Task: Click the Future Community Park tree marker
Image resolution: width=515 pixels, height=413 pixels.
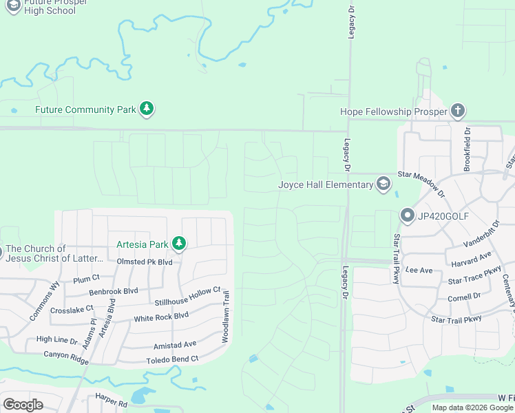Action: [x=146, y=109]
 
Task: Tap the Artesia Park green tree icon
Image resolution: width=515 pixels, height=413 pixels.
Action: [x=179, y=244]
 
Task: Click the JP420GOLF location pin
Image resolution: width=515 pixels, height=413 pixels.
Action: [x=406, y=215]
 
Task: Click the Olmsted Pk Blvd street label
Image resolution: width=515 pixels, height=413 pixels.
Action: [x=145, y=262]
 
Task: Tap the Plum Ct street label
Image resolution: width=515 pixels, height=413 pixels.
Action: [x=87, y=279]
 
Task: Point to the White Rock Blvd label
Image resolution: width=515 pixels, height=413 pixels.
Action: [x=161, y=317]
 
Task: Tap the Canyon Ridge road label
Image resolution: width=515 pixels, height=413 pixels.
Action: [x=67, y=354]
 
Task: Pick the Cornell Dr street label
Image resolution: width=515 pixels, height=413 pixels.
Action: [x=464, y=297]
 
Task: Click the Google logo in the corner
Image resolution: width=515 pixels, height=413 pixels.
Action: [x=23, y=405]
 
